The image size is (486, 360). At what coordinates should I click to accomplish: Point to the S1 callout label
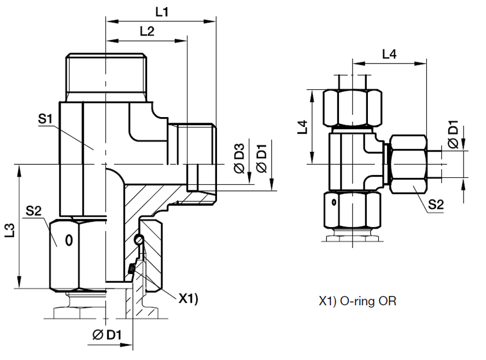click(x=45, y=119)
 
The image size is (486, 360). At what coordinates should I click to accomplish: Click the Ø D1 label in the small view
click(x=453, y=135)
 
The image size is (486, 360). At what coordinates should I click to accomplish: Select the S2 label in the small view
click(x=436, y=204)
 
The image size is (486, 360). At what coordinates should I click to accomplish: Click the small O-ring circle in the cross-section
click(x=140, y=239)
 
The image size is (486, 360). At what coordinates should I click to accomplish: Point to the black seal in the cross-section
click(x=131, y=269)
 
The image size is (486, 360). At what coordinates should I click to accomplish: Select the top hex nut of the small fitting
click(x=352, y=108)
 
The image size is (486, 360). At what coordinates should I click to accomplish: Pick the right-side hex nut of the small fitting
click(x=408, y=164)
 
